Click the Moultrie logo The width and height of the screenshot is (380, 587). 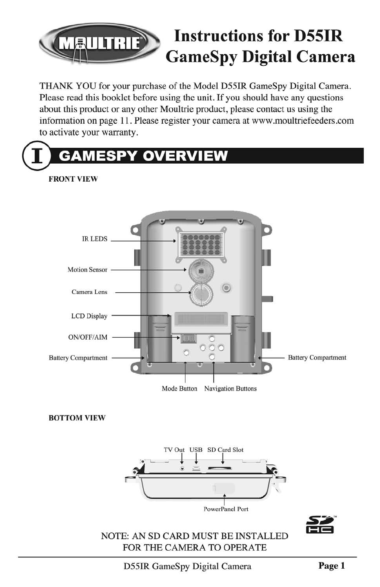coord(99,43)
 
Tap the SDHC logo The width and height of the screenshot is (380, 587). coord(320,524)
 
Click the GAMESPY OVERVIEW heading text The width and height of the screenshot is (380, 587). coord(143,156)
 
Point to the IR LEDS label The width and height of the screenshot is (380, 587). coord(94,239)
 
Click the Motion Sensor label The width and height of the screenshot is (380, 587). coord(87,270)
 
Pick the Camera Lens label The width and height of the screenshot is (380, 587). coord(89,292)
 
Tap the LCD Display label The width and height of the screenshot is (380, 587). coord(89,316)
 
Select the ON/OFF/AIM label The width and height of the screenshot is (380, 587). coord(88,338)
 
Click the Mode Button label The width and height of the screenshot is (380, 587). coord(179,389)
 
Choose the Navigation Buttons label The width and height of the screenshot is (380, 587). coord(230,389)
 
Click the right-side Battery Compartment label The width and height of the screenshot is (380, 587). coord(317,358)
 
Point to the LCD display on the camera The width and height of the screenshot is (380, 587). coord(200,318)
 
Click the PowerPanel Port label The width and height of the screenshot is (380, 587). coord(226,509)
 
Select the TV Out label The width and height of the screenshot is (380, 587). coord(174,450)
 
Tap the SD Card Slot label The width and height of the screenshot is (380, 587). coord(225,450)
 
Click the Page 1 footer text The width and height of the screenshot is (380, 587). coord(331,566)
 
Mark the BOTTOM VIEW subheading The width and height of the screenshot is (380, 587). coord(77,418)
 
